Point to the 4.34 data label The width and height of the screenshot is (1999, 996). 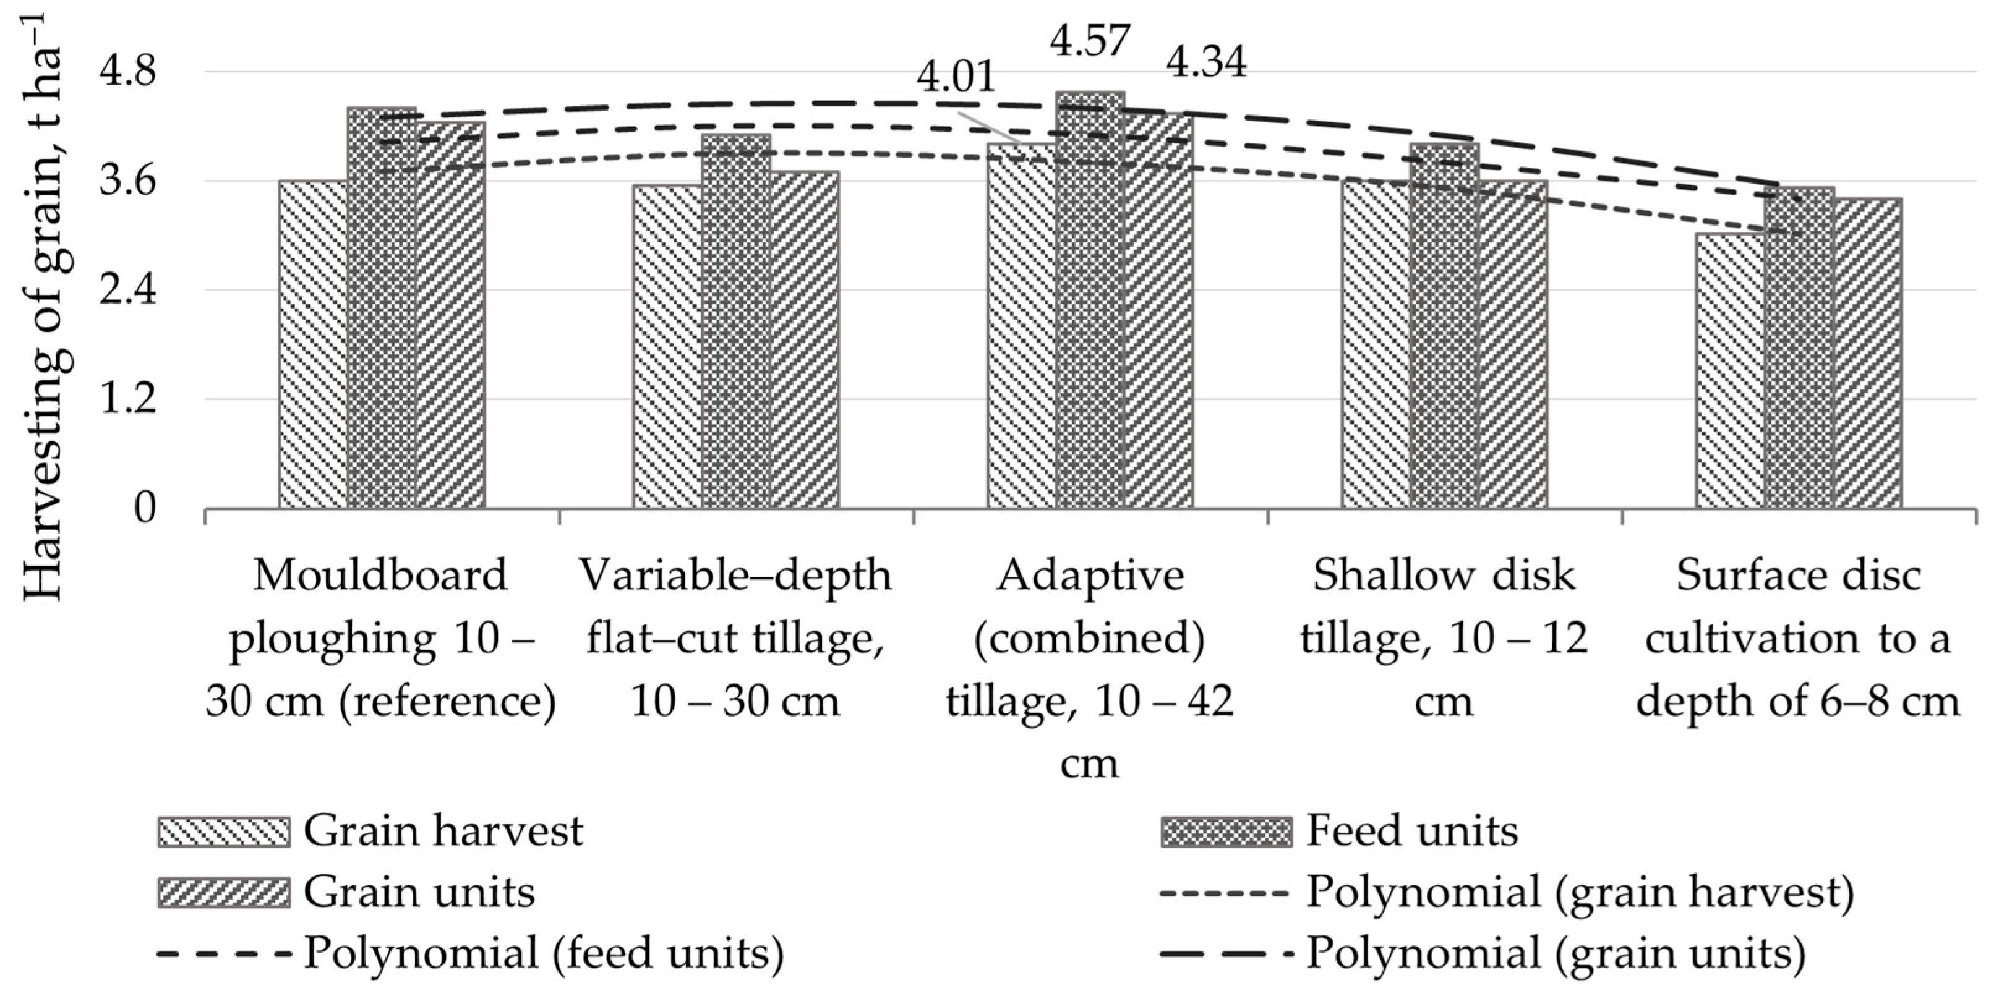tap(1207, 64)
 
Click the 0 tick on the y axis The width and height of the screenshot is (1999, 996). tap(145, 509)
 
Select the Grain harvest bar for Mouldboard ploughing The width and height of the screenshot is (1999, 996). tap(313, 345)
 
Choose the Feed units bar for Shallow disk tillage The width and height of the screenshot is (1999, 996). tap(1444, 326)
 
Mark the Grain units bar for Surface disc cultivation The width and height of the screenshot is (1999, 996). tap(1867, 354)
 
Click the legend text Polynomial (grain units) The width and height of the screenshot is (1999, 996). tap(1556, 953)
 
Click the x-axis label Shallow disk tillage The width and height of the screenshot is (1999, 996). tap(1444, 637)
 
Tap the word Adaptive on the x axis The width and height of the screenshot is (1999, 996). tap(1090, 576)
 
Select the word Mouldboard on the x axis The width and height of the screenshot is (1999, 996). tap(380, 576)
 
